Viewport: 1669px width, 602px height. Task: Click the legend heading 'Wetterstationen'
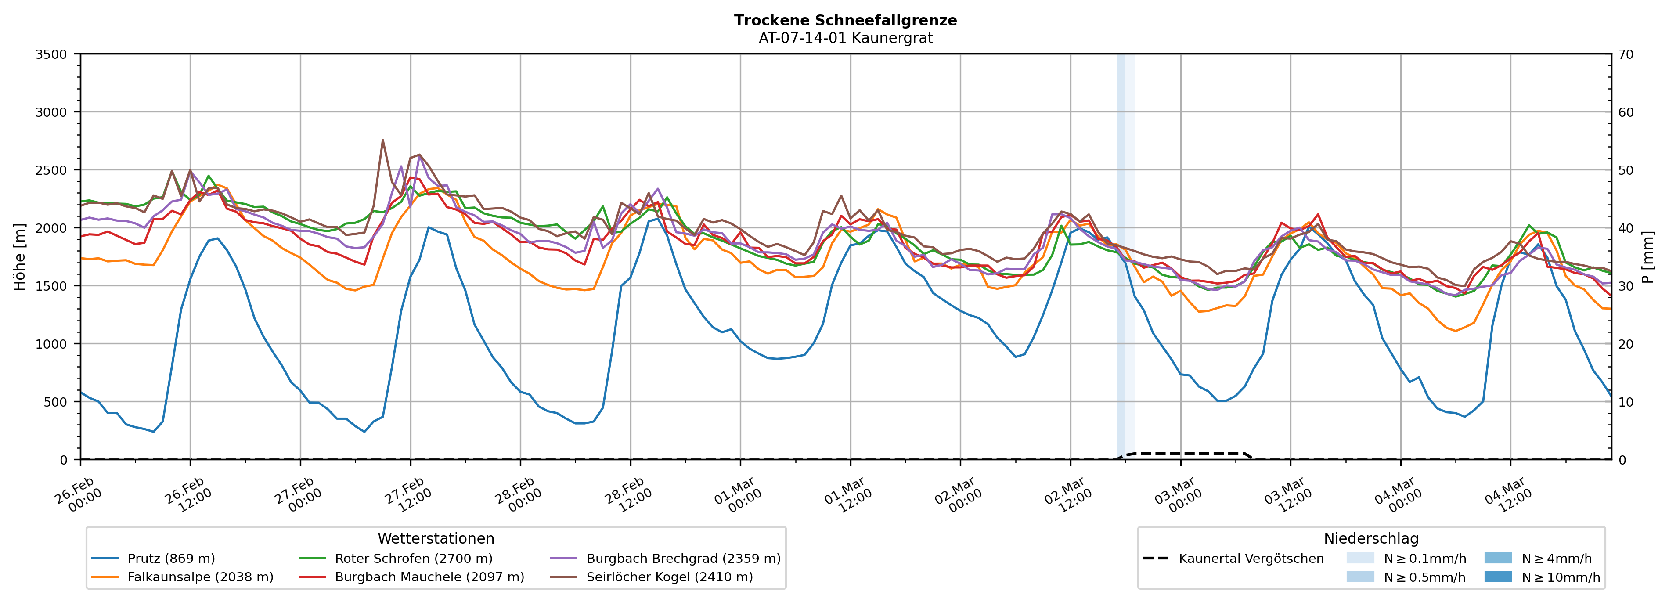click(436, 538)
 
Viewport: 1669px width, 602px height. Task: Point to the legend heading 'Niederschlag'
click(1371, 538)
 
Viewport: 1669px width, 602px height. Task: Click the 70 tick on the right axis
click(1626, 54)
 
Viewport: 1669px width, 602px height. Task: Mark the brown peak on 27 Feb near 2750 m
click(382, 140)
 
